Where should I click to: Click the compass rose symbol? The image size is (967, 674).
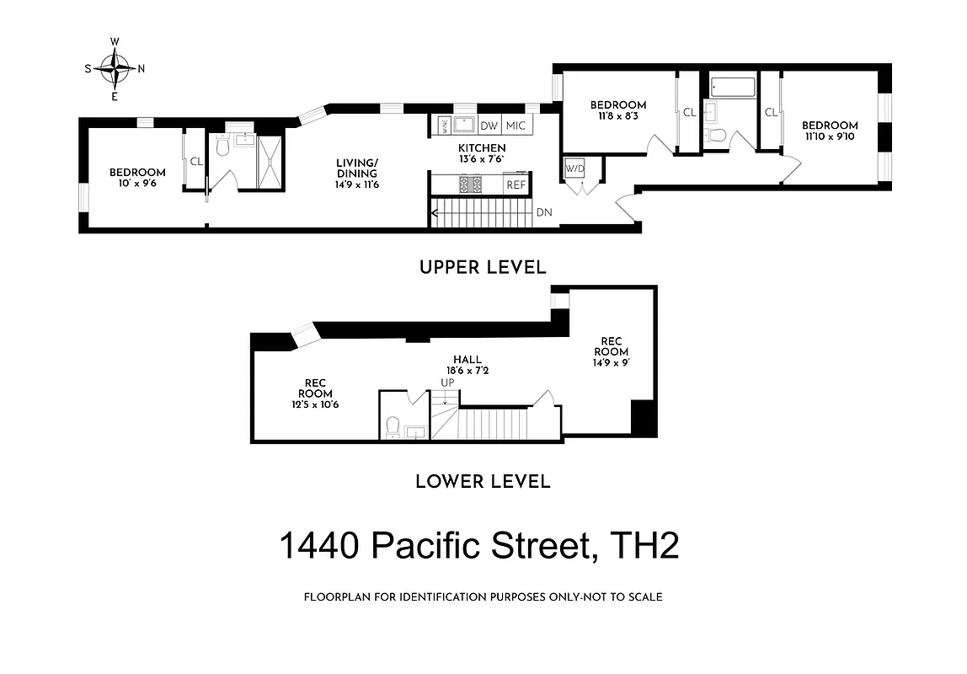115,68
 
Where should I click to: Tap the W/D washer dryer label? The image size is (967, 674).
574,168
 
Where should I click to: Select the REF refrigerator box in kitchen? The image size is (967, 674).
515,185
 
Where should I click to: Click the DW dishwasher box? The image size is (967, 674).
489,126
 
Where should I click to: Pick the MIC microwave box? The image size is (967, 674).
516,126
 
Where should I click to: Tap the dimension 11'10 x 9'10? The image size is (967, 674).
830,137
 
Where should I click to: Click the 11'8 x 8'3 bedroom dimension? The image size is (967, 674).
618,116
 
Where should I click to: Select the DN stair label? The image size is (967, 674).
544,212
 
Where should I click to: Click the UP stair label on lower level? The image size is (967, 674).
447,382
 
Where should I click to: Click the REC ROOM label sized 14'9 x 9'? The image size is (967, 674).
611,345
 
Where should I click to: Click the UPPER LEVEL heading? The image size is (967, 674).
483,267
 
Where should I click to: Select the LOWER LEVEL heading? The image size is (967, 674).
483,482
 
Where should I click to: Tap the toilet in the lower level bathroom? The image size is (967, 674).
392,426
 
